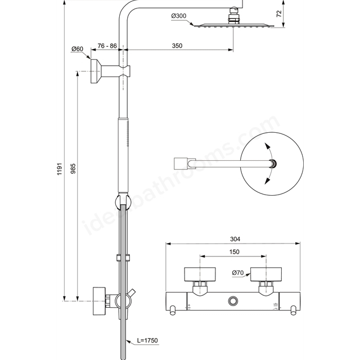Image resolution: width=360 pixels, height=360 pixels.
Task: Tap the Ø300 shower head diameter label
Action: [x=179, y=16]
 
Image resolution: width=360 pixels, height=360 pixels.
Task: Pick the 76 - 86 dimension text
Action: [x=107, y=46]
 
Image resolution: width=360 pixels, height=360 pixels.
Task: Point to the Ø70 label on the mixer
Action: [x=236, y=274]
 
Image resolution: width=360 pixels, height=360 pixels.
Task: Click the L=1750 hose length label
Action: [x=145, y=341]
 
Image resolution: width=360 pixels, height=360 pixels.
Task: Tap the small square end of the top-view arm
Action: [x=180, y=164]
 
